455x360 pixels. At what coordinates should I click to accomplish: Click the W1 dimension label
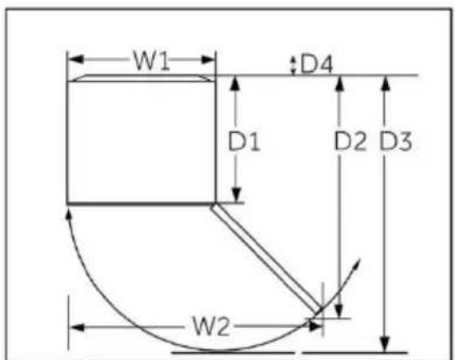point(151,61)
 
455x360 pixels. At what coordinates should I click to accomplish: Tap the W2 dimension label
point(211,326)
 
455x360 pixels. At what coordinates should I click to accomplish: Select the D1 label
point(244,141)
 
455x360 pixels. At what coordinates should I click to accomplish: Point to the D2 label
point(351,141)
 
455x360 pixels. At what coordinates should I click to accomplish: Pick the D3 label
point(396,141)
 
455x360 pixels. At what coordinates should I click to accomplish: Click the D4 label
point(317,64)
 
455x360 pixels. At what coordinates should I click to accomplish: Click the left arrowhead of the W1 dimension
point(76,59)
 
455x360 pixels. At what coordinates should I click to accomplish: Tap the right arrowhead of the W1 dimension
point(208,60)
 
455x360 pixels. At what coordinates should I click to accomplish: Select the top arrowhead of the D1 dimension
point(236,83)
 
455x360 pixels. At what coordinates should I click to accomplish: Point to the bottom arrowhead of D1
point(237,195)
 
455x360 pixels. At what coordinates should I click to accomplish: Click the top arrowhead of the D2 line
point(340,83)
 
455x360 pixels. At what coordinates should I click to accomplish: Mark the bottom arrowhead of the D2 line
point(339,310)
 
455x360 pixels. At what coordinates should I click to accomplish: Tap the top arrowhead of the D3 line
point(385,83)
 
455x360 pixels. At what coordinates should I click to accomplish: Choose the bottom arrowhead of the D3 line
point(385,344)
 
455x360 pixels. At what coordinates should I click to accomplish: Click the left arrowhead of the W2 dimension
point(77,328)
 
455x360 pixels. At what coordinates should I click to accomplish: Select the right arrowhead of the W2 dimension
point(315,326)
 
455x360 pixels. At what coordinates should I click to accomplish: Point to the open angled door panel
point(266,258)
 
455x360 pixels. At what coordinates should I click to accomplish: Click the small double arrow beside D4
point(293,65)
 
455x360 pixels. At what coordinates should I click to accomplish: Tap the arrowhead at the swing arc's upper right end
point(356,265)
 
